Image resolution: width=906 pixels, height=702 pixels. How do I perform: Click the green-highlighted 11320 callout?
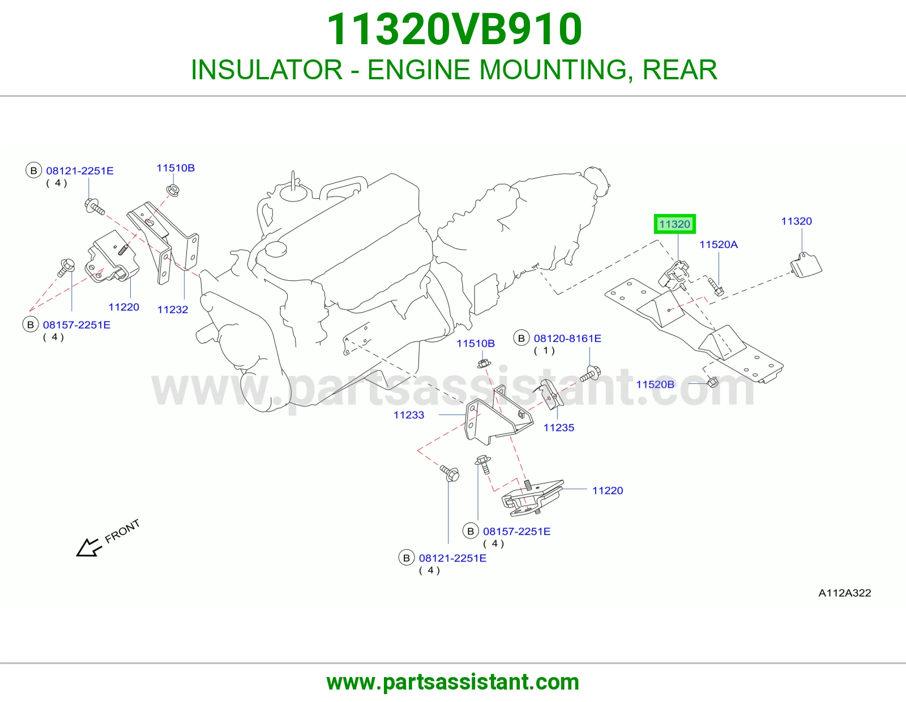(x=674, y=224)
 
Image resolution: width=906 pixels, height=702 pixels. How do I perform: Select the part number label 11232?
(x=173, y=310)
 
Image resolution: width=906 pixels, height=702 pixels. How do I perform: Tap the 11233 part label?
(x=409, y=415)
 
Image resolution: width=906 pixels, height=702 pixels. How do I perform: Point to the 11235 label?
(x=559, y=427)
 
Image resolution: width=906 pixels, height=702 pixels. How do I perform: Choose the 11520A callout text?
(x=719, y=244)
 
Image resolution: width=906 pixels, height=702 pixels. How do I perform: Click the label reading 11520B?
(x=655, y=384)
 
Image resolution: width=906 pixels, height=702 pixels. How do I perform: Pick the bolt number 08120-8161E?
(x=567, y=339)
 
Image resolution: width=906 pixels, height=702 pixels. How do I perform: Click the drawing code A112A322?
(x=845, y=593)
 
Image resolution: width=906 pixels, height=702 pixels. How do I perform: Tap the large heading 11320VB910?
(x=454, y=29)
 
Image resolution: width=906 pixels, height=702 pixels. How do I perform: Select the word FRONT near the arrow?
(x=122, y=531)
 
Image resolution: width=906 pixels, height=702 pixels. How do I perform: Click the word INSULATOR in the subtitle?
(x=267, y=70)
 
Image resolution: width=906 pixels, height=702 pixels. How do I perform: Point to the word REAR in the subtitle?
(x=679, y=70)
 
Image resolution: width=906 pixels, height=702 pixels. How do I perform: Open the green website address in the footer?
(x=453, y=682)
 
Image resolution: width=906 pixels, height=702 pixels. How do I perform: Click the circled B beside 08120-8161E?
(x=521, y=339)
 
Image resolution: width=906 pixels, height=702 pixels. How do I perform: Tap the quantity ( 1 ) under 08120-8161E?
(x=544, y=351)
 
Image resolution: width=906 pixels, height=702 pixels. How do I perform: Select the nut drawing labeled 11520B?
(x=713, y=382)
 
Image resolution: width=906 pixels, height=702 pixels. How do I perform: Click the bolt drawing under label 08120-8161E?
(x=591, y=374)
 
